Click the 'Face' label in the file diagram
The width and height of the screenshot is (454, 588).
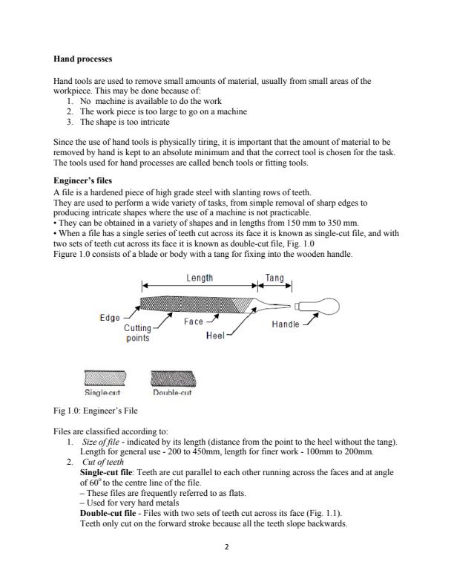[x=194, y=321]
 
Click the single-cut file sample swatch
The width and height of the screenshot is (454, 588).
[x=105, y=379]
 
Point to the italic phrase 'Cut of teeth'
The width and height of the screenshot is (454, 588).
[x=102, y=461]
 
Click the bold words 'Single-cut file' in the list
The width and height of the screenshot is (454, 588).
[x=105, y=471]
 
